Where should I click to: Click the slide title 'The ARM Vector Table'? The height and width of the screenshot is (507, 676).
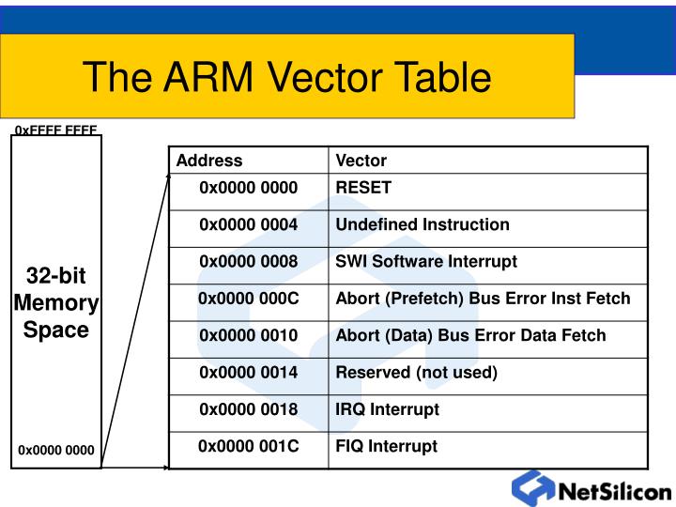click(x=286, y=77)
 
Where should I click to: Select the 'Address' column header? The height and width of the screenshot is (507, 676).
click(x=208, y=161)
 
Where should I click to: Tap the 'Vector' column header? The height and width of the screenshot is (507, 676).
click(x=361, y=161)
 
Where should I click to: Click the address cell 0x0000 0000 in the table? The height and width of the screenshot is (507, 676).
click(x=249, y=188)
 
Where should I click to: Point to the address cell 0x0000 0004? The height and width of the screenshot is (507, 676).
click(x=249, y=224)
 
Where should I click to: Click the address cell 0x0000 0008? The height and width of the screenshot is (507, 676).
click(x=249, y=262)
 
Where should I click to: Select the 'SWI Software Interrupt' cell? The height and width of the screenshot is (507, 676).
click(x=426, y=262)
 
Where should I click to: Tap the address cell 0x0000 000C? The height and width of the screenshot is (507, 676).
click(x=249, y=299)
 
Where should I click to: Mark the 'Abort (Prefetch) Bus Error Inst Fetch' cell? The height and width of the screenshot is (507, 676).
click(x=484, y=299)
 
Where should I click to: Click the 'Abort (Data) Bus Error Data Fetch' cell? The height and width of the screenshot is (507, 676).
click(x=471, y=335)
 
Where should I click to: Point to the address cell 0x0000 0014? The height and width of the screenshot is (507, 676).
click(x=249, y=373)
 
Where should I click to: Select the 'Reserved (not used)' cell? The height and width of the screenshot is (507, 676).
click(x=417, y=373)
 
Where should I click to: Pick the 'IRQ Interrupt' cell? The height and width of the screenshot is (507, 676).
click(x=388, y=409)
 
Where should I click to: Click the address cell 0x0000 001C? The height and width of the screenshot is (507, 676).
click(x=249, y=446)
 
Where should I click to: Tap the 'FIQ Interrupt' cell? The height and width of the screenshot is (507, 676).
click(x=387, y=446)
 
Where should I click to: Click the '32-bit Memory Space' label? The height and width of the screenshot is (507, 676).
click(x=56, y=303)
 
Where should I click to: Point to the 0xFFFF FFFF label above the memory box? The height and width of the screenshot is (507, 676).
click(x=56, y=131)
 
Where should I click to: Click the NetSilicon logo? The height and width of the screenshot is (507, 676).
click(x=591, y=490)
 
